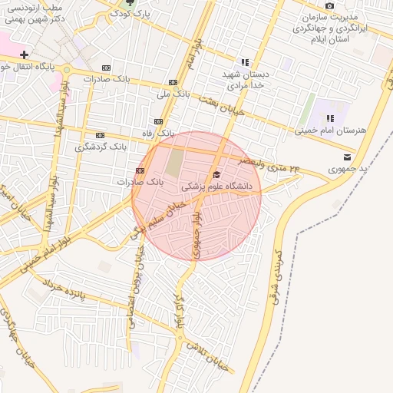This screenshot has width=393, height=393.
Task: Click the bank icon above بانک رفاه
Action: [x=158, y=121]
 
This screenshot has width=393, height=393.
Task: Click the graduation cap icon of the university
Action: [x=216, y=174]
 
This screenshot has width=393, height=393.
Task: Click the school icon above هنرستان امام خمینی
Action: [x=330, y=118]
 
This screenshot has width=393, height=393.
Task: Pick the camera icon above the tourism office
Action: [x=330, y=5]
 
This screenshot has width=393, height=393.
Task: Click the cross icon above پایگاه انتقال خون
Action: [x=25, y=55]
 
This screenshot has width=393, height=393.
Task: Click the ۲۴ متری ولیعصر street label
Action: [x=269, y=163]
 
